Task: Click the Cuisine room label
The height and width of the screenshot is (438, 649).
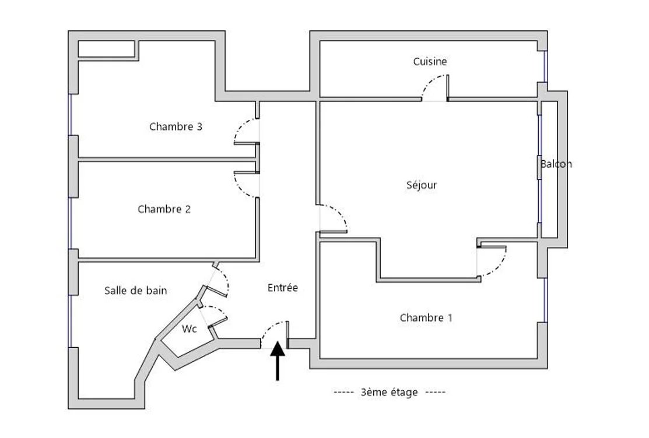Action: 430,62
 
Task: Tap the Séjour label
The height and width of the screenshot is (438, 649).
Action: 422,185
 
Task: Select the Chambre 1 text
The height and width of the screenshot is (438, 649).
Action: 426,317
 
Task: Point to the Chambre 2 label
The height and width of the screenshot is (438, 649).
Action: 164,209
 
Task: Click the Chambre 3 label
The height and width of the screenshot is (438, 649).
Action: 176,126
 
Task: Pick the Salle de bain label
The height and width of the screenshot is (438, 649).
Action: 136,290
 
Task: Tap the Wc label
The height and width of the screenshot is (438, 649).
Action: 189,329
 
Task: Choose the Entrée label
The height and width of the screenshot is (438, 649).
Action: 283,288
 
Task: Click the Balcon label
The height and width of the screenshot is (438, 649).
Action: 556,164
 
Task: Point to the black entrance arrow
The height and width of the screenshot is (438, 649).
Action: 278,360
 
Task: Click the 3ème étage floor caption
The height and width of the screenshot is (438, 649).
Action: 389,392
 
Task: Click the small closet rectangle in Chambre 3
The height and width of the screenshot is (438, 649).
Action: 106,49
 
